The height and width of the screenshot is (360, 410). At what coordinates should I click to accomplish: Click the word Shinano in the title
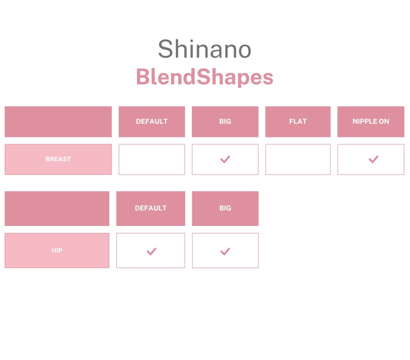coord(205,49)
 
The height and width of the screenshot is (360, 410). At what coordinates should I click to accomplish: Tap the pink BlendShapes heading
coord(205,77)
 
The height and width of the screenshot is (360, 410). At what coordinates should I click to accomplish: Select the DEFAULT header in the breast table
coord(152,121)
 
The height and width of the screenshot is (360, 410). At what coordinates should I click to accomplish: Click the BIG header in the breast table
coord(225,121)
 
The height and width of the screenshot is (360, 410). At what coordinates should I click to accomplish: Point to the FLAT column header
coord(298,121)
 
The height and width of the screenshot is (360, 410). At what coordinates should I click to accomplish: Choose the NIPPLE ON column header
coord(371,121)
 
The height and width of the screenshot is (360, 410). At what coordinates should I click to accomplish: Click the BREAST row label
coord(58,159)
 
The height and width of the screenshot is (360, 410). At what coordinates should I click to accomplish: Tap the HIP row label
coord(57,250)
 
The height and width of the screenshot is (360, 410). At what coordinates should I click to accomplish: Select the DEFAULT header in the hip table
coord(151,208)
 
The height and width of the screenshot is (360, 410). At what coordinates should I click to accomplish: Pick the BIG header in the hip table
coord(225,208)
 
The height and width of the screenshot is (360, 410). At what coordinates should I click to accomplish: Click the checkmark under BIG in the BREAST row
coord(225,159)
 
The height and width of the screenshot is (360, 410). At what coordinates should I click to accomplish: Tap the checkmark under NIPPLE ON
coord(373,159)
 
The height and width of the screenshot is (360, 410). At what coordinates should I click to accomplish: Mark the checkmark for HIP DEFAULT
coord(151,252)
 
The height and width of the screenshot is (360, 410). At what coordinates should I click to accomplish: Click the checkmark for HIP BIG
coord(225,252)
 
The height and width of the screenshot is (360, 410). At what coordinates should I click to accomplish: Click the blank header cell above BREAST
coord(58,122)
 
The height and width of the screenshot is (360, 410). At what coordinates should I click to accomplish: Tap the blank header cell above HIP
coord(57,209)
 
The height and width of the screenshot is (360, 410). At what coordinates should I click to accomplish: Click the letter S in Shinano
coord(165,49)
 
